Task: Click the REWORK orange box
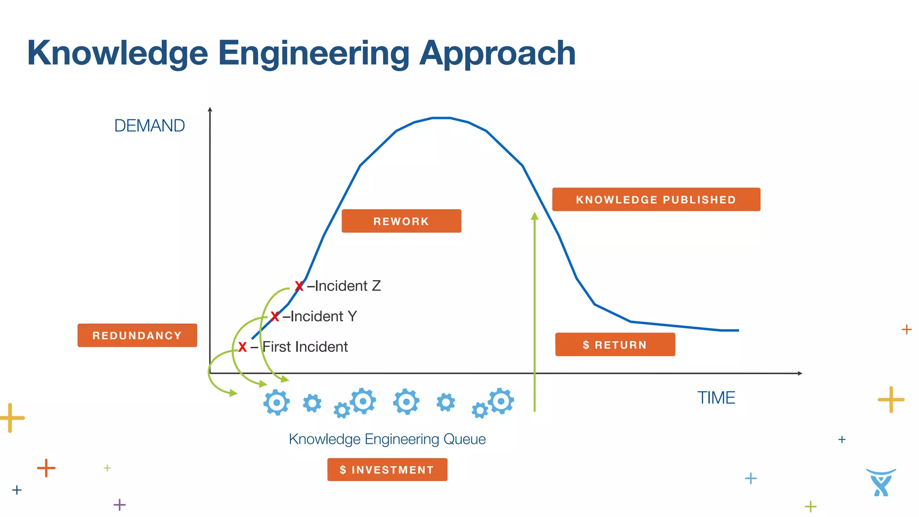pos(401,221)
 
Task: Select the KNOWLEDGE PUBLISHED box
pos(656,199)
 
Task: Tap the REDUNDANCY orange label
pos(137,335)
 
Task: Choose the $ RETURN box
pos(615,345)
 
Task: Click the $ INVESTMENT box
pos(387,469)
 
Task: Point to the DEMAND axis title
pos(149,126)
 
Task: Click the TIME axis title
pos(716,398)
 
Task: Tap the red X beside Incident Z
pos(299,286)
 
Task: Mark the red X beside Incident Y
pos(275,317)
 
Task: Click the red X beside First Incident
pos(242,347)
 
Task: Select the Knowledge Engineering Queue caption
pos(387,439)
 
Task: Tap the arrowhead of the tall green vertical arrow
pos(534,216)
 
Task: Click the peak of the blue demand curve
pos(441,118)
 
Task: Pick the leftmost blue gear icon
pos(276,403)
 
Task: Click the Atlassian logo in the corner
pos(881,482)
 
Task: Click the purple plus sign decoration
pos(119,504)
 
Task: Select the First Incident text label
pos(305,347)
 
